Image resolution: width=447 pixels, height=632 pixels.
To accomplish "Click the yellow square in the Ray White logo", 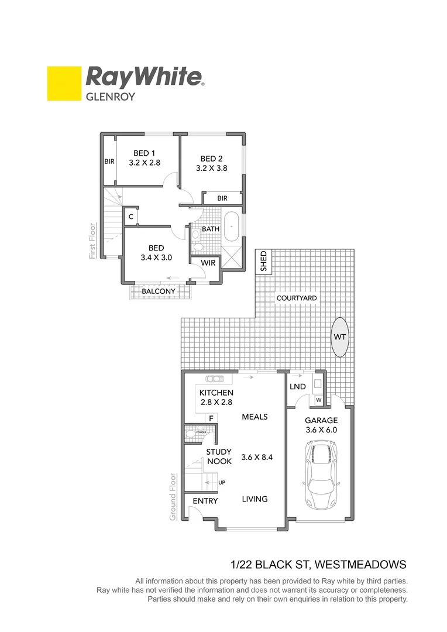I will click(64, 84).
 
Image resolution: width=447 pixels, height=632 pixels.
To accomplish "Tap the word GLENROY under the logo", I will click(111, 96).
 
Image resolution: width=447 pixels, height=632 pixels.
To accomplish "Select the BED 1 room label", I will click(145, 153).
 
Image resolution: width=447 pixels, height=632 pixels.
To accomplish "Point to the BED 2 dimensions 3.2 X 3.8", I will click(211, 168).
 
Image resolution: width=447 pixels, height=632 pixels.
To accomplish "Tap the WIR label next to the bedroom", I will click(208, 263).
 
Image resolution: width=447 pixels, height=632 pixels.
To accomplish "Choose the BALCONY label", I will click(159, 291).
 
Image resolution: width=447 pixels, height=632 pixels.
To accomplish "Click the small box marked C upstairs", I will click(131, 217).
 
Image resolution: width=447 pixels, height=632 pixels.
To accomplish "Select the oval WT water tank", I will click(340, 337).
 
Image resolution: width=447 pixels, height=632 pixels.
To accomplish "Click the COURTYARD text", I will click(297, 298).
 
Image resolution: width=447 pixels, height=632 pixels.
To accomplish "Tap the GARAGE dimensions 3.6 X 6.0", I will click(320, 430).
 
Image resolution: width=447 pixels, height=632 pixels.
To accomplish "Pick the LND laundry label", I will click(298, 387).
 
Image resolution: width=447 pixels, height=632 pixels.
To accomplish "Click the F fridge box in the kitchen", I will click(211, 418).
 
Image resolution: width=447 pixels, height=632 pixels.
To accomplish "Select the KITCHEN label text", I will click(216, 393).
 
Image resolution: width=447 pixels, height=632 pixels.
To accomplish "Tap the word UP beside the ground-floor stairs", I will click(222, 482).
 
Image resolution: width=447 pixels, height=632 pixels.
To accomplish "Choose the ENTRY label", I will click(205, 501).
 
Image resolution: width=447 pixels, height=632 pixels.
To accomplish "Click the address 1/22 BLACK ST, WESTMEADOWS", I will click(318, 565).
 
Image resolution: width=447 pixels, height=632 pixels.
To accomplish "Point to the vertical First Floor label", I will click(92, 241).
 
